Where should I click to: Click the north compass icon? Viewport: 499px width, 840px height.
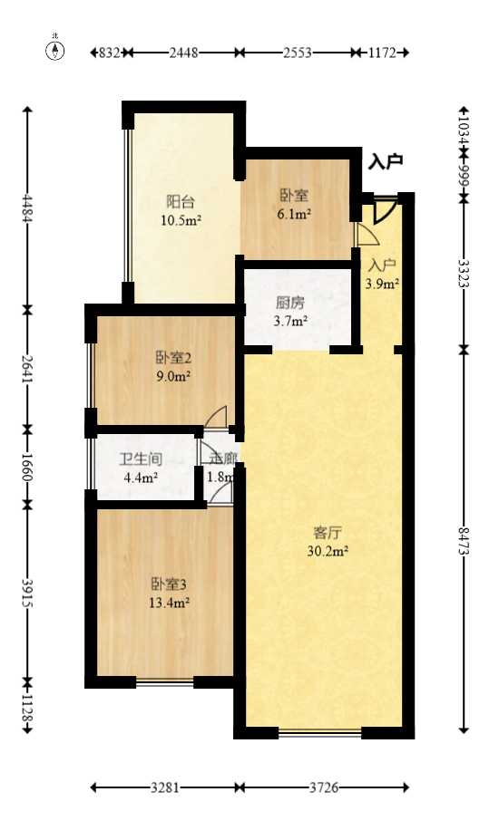(55, 50)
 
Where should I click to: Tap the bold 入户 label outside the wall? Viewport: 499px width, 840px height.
(386, 162)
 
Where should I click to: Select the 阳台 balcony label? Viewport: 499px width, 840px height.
(181, 202)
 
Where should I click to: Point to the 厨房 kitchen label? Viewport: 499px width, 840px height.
(289, 304)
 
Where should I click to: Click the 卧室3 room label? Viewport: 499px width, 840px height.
(170, 584)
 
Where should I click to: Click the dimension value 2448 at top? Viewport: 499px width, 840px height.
(183, 53)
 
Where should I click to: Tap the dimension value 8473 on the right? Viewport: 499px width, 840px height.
(464, 541)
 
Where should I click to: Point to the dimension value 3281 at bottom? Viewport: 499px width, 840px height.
(165, 788)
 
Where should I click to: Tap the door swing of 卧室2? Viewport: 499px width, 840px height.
(217, 416)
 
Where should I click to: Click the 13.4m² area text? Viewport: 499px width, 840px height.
(170, 602)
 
